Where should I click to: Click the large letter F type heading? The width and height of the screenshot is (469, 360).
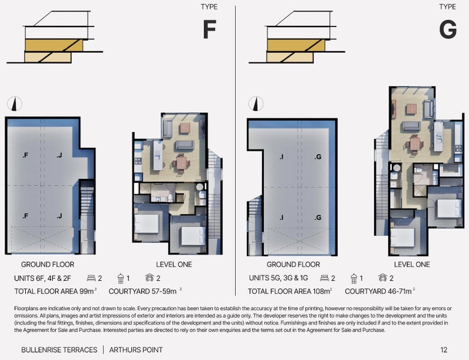coord(209,29)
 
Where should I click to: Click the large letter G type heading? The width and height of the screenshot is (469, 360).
coord(448,29)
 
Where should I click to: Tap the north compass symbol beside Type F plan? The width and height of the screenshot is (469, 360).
coord(14,104)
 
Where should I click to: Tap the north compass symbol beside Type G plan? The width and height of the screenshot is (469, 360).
coord(256,104)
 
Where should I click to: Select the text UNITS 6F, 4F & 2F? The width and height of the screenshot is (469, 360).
coord(43,278)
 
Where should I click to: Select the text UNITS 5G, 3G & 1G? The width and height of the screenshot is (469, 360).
coord(278,278)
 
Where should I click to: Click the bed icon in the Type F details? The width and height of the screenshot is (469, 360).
coord(91,278)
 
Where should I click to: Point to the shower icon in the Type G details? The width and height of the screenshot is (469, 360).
coord(354,278)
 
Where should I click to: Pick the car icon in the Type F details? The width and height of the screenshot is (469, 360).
coord(149,278)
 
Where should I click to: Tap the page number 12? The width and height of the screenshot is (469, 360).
coord(444,350)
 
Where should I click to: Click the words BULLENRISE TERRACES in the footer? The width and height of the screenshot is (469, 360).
coord(59,350)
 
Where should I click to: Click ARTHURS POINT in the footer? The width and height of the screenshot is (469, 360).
coord(136,350)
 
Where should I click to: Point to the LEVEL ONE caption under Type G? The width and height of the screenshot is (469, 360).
coord(412,265)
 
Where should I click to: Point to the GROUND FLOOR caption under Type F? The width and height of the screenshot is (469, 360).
coord(47,265)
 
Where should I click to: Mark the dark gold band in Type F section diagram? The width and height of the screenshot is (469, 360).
coord(54,45)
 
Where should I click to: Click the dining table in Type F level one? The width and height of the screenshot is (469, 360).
coord(181,163)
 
